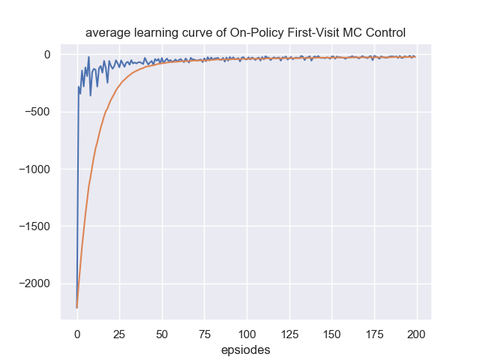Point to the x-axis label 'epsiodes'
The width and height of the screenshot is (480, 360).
click(x=246, y=349)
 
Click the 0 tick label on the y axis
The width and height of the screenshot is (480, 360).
click(x=46, y=55)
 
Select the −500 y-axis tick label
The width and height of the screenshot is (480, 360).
click(x=35, y=112)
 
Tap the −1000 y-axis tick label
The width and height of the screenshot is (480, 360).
click(x=32, y=169)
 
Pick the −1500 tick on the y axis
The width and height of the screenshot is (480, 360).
click(x=32, y=226)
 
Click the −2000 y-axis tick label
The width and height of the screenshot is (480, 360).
click(x=32, y=283)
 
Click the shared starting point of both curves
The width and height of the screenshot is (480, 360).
click(x=77, y=307)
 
